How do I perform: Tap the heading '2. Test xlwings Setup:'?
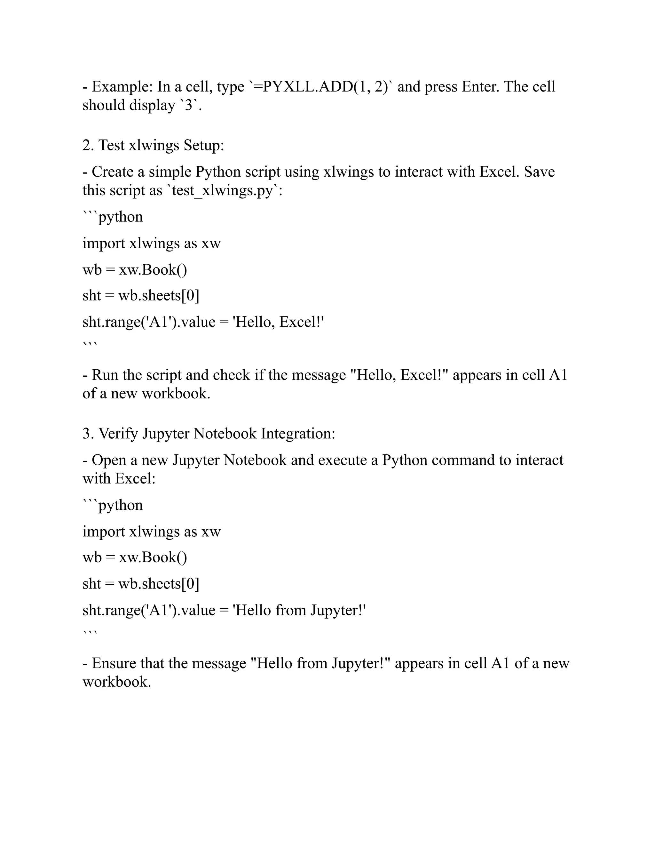click(x=153, y=145)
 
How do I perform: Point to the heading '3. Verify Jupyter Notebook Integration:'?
click(x=209, y=433)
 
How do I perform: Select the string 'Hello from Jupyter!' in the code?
click(x=299, y=610)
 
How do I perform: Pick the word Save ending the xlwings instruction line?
click(x=539, y=172)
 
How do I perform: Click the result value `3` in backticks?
click(x=189, y=105)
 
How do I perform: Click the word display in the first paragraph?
click(x=152, y=105)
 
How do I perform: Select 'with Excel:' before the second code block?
click(x=119, y=479)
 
